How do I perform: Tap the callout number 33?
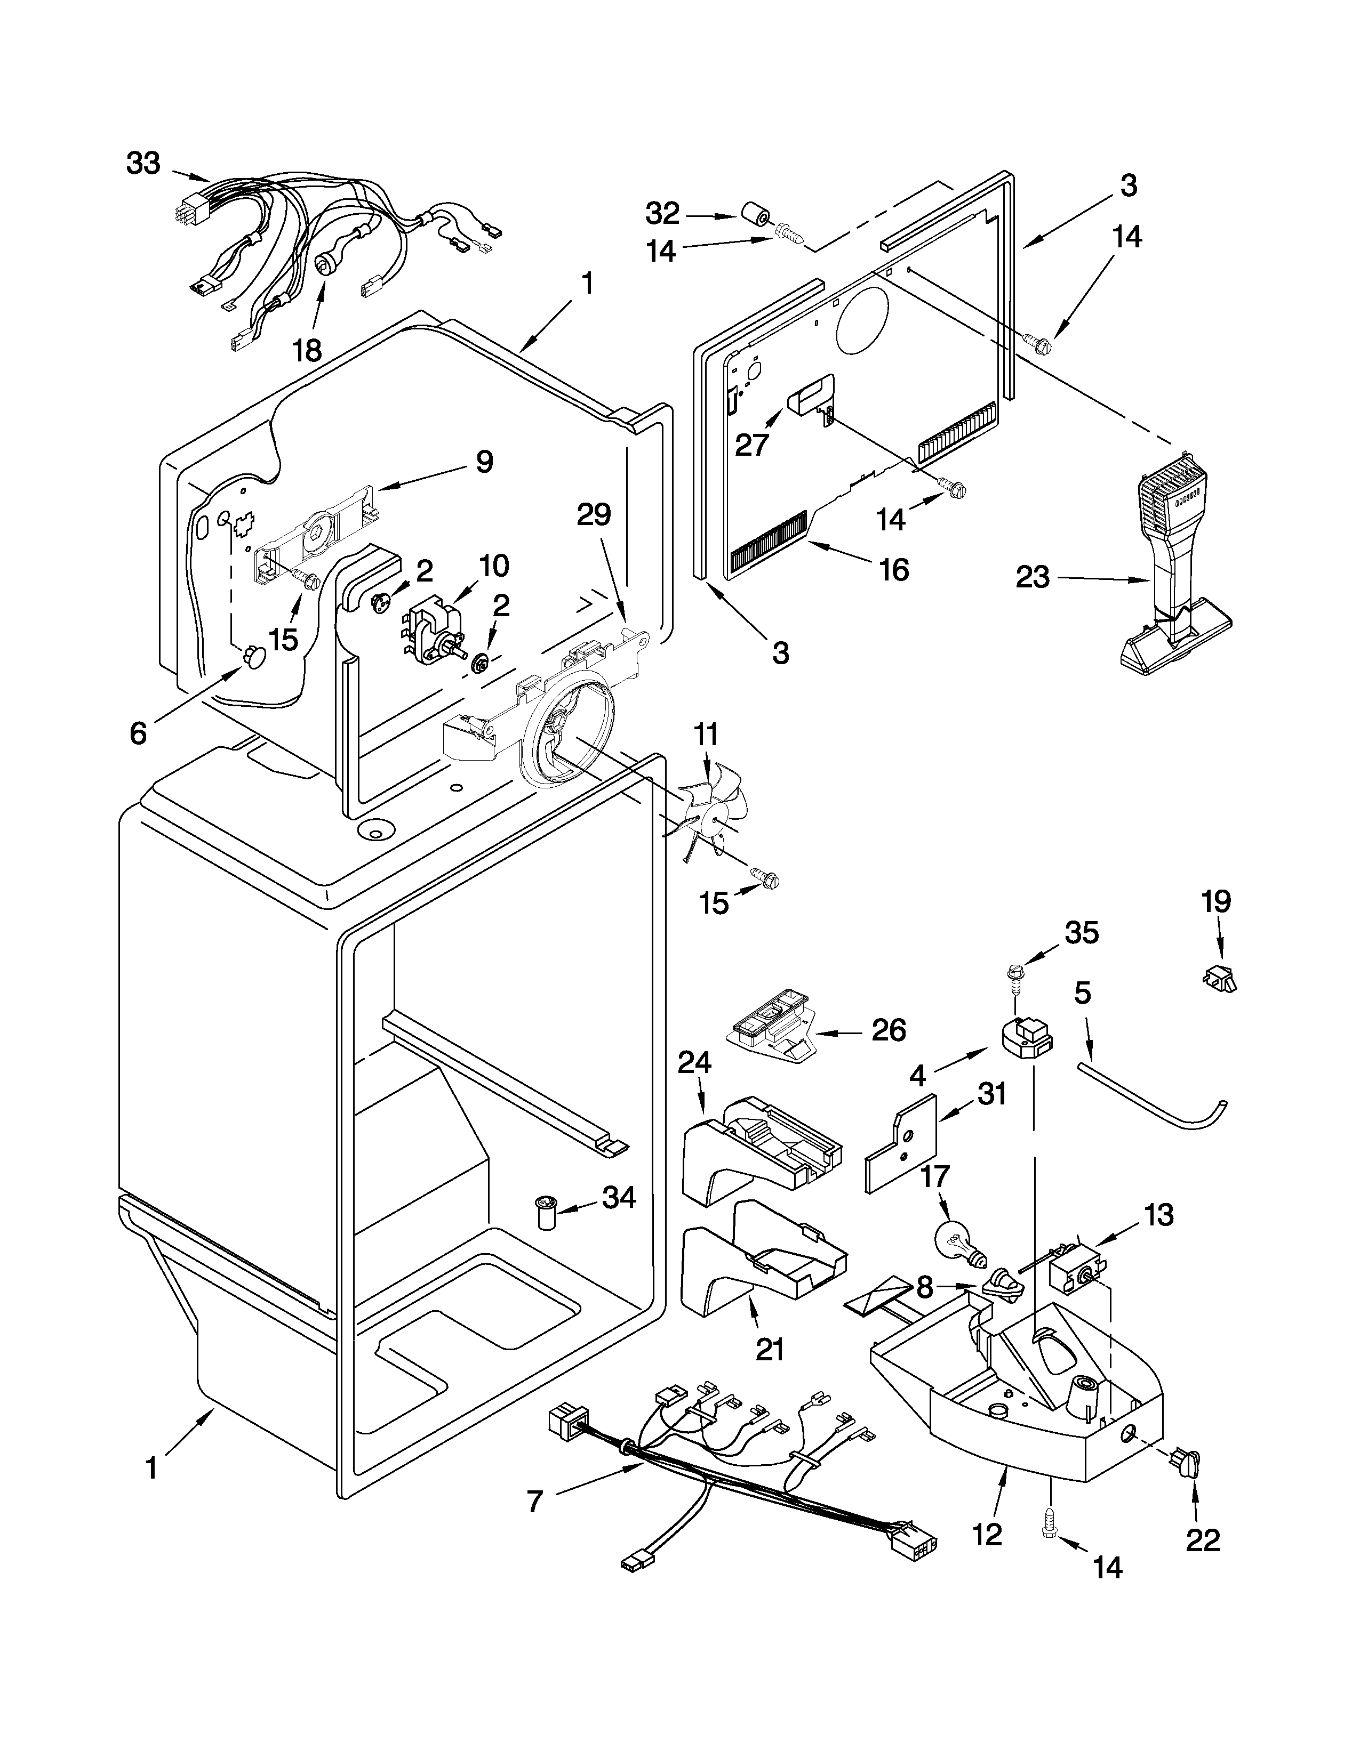tap(144, 164)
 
